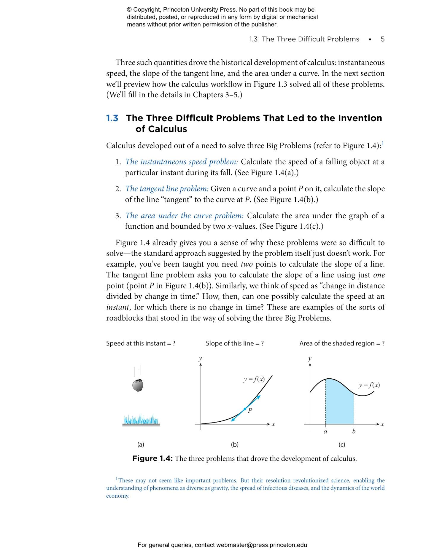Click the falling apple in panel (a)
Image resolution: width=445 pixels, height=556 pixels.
pyautogui.click(x=137, y=385)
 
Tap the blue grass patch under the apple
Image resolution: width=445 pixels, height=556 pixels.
pyautogui.click(x=141, y=420)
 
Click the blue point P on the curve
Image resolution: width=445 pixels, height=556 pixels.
pyautogui.click(x=245, y=409)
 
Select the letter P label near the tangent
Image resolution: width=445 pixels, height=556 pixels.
pyautogui.click(x=250, y=411)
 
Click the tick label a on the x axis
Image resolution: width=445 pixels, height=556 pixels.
pyautogui.click(x=325, y=432)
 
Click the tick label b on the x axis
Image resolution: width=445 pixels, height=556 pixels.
pyautogui.click(x=354, y=431)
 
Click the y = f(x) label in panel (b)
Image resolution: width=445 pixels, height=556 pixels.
pyautogui.click(x=254, y=379)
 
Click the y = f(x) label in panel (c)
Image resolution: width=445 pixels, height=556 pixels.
pyautogui.click(x=369, y=385)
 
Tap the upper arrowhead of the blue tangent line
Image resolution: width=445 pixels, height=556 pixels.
pyautogui.click(x=259, y=396)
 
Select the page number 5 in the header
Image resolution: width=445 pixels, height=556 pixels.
pyautogui.click(x=382, y=39)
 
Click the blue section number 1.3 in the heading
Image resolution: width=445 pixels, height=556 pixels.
pyautogui.click(x=112, y=118)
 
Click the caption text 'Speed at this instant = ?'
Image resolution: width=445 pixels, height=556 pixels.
pyautogui.click(x=141, y=343)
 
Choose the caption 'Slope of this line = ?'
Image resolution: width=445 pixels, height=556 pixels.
pyautogui.click(x=235, y=343)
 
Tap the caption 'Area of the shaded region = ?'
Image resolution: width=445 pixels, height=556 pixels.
pyautogui.click(x=342, y=343)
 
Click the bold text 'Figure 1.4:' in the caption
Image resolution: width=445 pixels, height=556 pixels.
pyautogui.click(x=152, y=458)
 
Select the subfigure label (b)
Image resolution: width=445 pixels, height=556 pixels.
pyautogui.click(x=235, y=445)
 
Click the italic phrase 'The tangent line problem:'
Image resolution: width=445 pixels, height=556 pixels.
pyautogui.click(x=167, y=189)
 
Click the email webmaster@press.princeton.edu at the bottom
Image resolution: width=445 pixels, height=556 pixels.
pyautogui.click(x=261, y=545)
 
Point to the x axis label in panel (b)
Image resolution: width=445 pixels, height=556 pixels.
pyautogui.click(x=273, y=424)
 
